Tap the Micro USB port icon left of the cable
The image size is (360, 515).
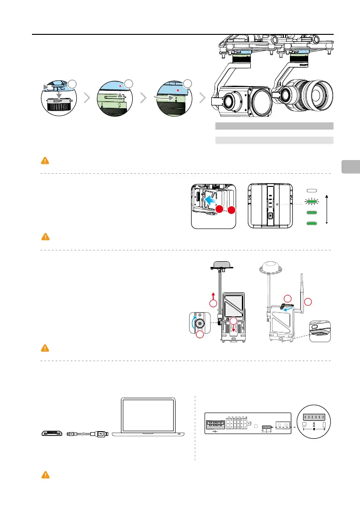(50, 432)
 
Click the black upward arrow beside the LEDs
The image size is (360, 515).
(326, 207)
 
